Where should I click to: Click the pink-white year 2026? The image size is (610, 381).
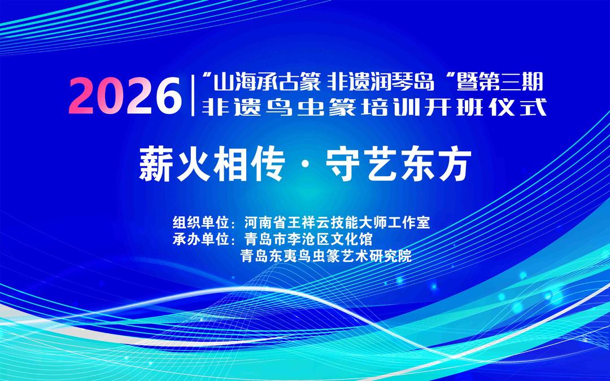pos(125,95)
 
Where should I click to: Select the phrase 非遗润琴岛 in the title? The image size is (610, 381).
pos(381,82)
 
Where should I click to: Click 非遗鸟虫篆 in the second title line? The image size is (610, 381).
pos(279,107)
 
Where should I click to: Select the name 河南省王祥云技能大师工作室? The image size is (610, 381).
pos(337,222)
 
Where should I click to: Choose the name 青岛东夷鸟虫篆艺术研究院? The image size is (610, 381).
pos(326,256)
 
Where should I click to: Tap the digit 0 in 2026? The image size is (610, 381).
pos(111,95)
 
